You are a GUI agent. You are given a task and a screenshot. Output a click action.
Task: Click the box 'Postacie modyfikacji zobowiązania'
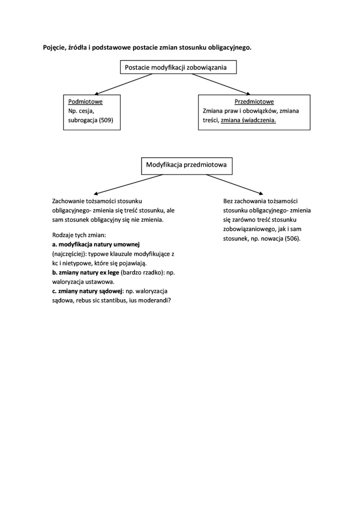point(178,67)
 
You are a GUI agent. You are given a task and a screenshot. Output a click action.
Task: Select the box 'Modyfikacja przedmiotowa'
point(186,165)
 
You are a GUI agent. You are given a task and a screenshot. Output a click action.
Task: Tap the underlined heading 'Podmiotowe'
point(85,101)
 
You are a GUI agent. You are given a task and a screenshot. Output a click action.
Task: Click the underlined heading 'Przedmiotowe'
point(254,101)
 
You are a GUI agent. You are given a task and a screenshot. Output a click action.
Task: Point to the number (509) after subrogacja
point(106,120)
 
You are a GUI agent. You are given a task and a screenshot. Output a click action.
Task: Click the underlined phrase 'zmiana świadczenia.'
point(248,120)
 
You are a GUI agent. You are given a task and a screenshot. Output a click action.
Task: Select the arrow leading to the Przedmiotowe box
point(221,84)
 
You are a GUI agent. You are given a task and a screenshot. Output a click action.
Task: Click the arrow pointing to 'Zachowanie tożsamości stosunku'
point(128,184)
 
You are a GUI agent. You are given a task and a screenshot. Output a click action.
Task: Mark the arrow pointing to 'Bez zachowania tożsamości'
point(234,184)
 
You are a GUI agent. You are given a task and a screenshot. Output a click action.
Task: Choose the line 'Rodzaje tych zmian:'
point(79,235)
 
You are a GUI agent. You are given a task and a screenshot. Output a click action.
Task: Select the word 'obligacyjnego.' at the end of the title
point(230,47)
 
